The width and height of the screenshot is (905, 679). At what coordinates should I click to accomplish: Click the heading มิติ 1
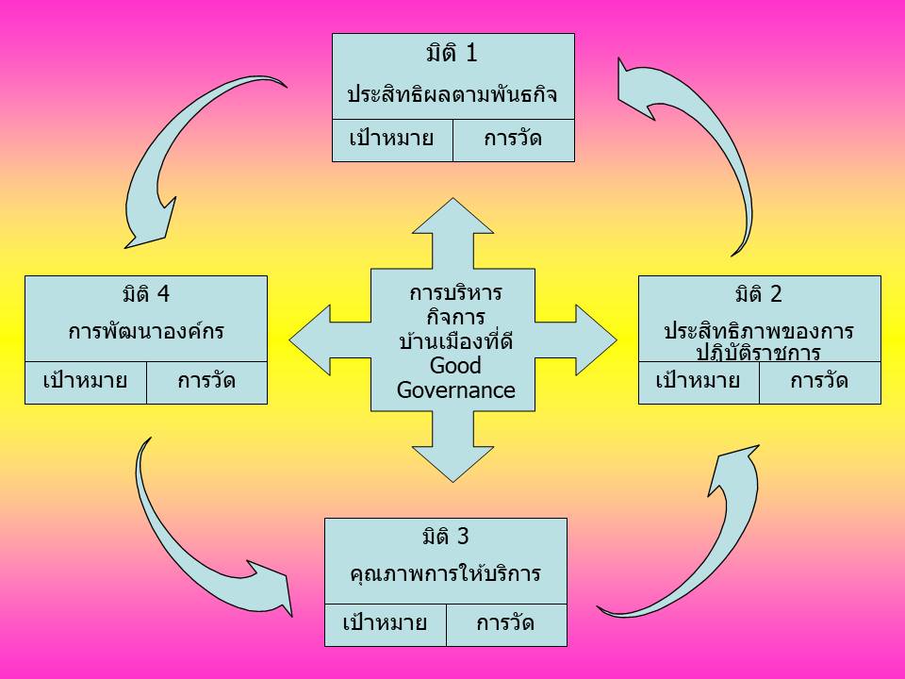452,53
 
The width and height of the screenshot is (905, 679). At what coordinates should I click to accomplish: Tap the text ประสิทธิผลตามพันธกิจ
452,94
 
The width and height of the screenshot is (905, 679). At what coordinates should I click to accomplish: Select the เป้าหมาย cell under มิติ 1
392,141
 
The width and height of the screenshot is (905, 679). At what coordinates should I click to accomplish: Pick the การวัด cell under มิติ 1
514,141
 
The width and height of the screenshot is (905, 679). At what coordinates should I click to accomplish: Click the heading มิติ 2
759,294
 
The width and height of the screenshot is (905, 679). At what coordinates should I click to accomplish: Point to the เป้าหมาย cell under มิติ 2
699,383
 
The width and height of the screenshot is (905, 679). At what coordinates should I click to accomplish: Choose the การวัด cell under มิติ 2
820,383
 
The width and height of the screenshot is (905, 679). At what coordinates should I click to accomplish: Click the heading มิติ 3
446,537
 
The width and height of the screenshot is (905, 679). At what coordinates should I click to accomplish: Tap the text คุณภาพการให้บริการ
446,574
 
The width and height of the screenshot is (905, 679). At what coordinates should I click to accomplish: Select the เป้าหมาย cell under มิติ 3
386,625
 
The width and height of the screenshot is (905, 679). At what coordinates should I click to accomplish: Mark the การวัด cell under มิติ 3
507,625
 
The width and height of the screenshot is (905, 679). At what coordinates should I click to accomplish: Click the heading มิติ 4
146,294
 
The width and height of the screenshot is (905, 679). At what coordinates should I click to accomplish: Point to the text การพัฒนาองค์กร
146,331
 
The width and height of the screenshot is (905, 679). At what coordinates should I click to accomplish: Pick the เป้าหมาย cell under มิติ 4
86,383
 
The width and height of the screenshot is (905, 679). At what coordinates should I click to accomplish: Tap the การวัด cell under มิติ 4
206,383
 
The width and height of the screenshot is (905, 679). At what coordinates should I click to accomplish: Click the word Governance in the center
456,390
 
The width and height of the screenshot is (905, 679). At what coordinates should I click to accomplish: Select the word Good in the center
455,366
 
